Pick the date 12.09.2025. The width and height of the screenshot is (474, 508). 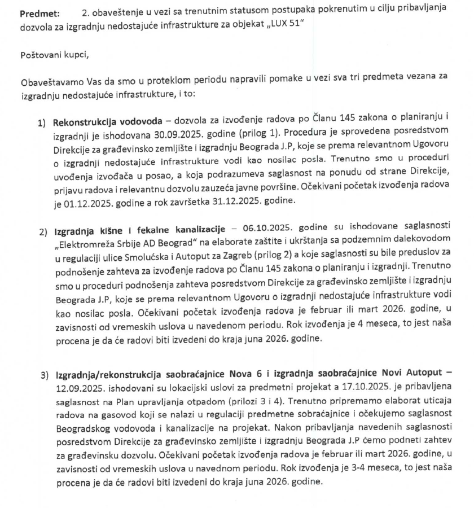78,388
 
